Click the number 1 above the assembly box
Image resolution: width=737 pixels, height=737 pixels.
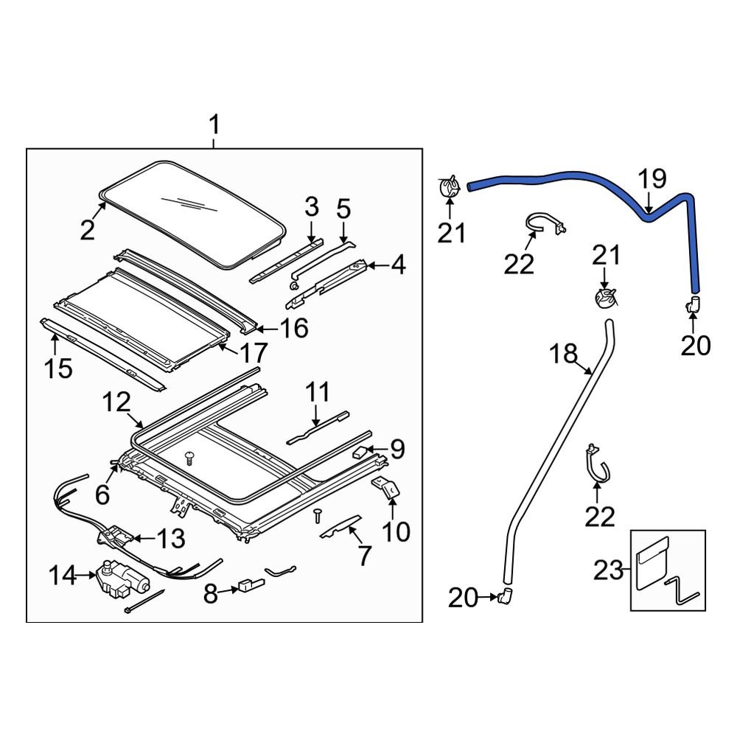point(214,125)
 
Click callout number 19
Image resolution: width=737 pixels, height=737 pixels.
point(652,179)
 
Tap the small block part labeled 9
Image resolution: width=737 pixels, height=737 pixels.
point(360,451)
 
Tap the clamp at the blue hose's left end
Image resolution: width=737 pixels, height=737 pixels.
point(449,186)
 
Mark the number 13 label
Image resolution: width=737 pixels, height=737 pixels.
point(171,539)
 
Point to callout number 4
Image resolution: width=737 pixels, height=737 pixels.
point(398,265)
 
